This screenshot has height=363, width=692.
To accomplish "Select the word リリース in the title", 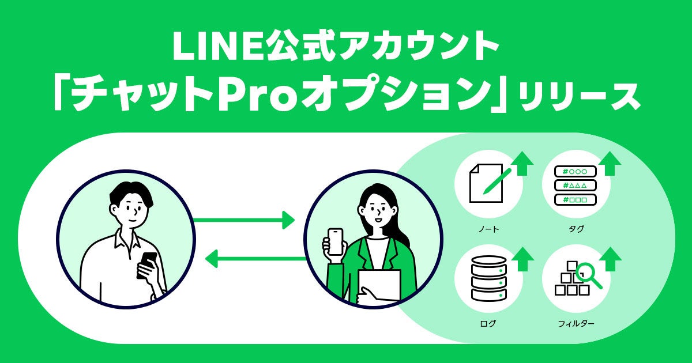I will click(x=579, y=97).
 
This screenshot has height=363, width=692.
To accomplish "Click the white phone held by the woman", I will click(x=335, y=241).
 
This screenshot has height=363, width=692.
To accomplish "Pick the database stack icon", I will click(x=488, y=278).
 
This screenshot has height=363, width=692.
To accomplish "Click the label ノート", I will click(x=488, y=229).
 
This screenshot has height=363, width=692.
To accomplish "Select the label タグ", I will click(x=576, y=229).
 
